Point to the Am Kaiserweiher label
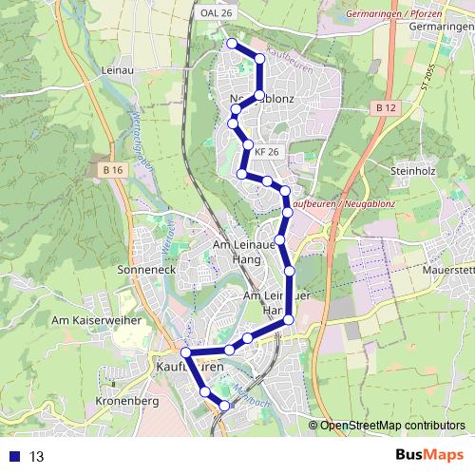tap(97, 321)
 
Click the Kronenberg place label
tap(124, 402)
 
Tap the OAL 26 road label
tap(217, 12)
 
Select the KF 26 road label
tap(266, 151)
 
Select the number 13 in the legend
tap(37, 456)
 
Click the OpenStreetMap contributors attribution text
tap(391, 425)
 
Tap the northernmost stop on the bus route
tap(231, 43)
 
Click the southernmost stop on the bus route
tap(224, 406)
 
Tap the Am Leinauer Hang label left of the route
tap(245, 251)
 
